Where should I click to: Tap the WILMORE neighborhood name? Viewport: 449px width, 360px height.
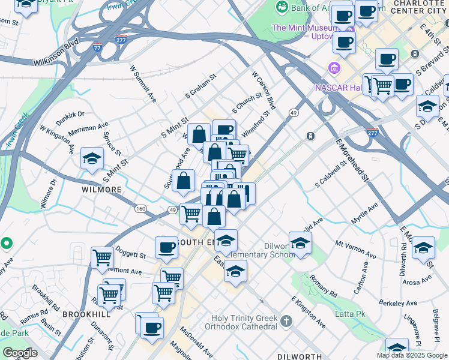101,189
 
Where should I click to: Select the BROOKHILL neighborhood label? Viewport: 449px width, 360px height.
87,314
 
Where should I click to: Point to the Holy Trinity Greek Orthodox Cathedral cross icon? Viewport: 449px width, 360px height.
286,321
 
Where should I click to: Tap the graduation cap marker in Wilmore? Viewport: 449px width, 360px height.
92,159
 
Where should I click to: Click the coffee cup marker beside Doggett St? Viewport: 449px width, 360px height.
166,248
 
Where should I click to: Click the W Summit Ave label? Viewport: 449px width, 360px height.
143,85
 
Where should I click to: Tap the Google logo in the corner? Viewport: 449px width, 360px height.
20,353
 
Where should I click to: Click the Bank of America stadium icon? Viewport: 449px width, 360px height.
280,7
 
